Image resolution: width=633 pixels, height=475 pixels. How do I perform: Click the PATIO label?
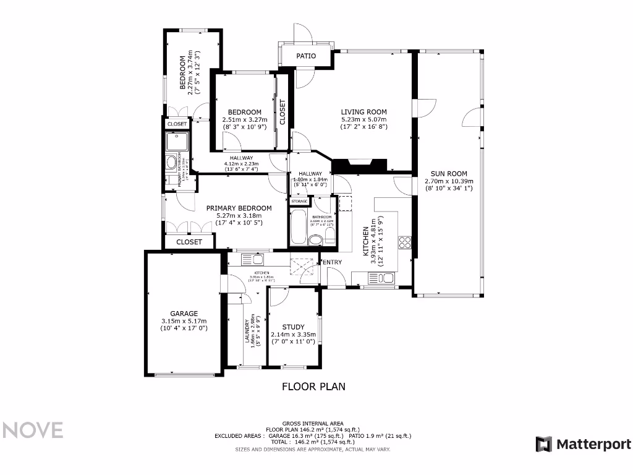point(306,56)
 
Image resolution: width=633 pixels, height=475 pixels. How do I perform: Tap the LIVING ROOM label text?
point(363,112)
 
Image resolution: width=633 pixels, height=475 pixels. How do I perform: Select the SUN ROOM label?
point(449,174)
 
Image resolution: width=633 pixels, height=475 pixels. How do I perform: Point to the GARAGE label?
point(184,314)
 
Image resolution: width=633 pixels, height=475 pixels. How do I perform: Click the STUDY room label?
point(293,327)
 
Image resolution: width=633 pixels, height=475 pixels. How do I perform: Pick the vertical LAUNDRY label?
point(247,332)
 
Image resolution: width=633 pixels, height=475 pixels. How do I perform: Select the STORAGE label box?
point(300,201)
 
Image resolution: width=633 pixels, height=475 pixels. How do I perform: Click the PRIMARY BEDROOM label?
point(239,208)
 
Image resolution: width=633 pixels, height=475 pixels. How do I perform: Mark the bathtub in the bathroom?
point(298,227)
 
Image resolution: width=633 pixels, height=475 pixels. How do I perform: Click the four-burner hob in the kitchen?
point(406,242)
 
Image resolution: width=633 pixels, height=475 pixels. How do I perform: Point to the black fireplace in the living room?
point(360,165)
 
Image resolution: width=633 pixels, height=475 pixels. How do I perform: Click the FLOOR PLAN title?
point(313,387)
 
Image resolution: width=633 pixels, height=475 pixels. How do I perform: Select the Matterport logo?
point(584,444)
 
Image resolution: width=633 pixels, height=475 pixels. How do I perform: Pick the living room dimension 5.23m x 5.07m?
point(363,120)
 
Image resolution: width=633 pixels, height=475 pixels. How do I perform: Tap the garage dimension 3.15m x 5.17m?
point(184,321)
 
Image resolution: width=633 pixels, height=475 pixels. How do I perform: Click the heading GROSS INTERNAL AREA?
point(312,423)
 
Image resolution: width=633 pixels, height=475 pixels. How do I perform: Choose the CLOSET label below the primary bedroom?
point(189,242)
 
